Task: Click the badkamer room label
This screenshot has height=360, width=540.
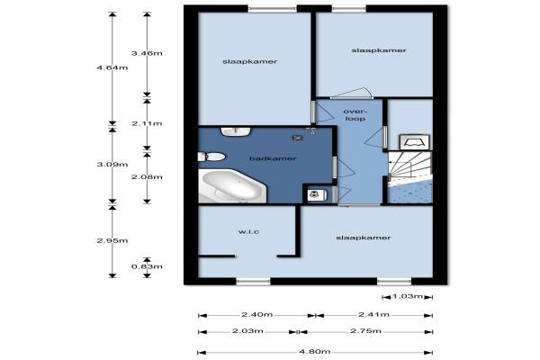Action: click(x=273, y=158)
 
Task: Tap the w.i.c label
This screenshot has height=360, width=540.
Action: click(x=248, y=232)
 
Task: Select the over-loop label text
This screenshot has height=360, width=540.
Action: click(x=355, y=115)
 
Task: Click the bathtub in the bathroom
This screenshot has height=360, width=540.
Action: click(x=232, y=186)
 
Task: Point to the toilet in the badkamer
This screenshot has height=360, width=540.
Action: click(x=211, y=157)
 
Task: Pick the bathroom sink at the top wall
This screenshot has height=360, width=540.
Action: click(x=236, y=131)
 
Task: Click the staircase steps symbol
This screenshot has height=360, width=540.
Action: click(x=409, y=167)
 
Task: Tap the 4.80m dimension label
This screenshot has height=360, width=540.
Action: click(x=314, y=352)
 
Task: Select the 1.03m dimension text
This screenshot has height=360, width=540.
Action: click(x=408, y=296)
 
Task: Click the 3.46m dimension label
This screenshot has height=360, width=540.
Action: click(x=147, y=53)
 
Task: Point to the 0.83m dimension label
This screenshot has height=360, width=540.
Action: click(x=147, y=266)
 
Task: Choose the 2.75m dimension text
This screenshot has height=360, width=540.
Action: click(x=365, y=331)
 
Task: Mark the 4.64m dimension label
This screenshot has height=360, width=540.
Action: click(x=112, y=67)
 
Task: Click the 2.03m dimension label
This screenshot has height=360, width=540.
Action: click(x=247, y=331)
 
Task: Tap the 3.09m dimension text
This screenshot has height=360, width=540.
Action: click(x=112, y=165)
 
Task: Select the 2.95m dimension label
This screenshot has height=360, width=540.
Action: click(x=112, y=241)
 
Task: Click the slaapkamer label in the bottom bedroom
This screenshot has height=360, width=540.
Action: click(x=364, y=238)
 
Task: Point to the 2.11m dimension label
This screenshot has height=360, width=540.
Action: click(x=147, y=123)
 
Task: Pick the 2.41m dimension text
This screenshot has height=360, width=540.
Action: click(x=373, y=314)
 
